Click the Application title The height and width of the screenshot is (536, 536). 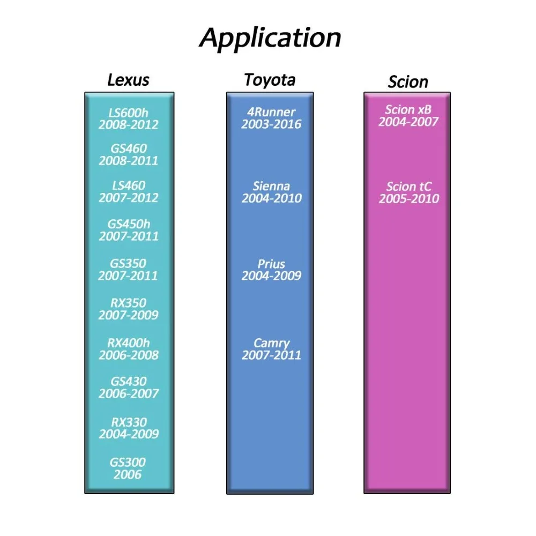coord(270,38)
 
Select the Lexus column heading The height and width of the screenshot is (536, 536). coord(128,80)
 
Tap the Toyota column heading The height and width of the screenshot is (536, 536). coord(270,80)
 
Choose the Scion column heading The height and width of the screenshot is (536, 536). coord(408,82)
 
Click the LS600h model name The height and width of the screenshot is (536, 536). coord(128,113)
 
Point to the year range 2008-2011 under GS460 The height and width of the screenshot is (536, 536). coord(128,161)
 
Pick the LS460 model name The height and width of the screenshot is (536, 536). coord(128,186)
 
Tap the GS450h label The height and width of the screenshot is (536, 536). coord(128,224)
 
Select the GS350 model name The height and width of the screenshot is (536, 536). coord(128,264)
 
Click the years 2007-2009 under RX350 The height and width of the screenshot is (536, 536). coord(128,315)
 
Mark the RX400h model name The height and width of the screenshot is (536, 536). coord(128,343)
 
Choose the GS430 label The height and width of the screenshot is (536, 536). coord(128,382)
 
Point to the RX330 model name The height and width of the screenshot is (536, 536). coord(128,422)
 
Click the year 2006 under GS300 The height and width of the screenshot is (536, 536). coord(128,474)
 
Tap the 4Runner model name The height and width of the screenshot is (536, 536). coord(271,112)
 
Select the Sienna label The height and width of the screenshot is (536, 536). coord(271,187)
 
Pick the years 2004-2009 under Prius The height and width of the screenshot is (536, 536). coord(271,276)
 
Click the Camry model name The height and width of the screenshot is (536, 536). coord(271,343)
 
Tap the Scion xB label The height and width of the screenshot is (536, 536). coord(408,110)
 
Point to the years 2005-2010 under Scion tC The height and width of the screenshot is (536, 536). coord(409,199)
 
